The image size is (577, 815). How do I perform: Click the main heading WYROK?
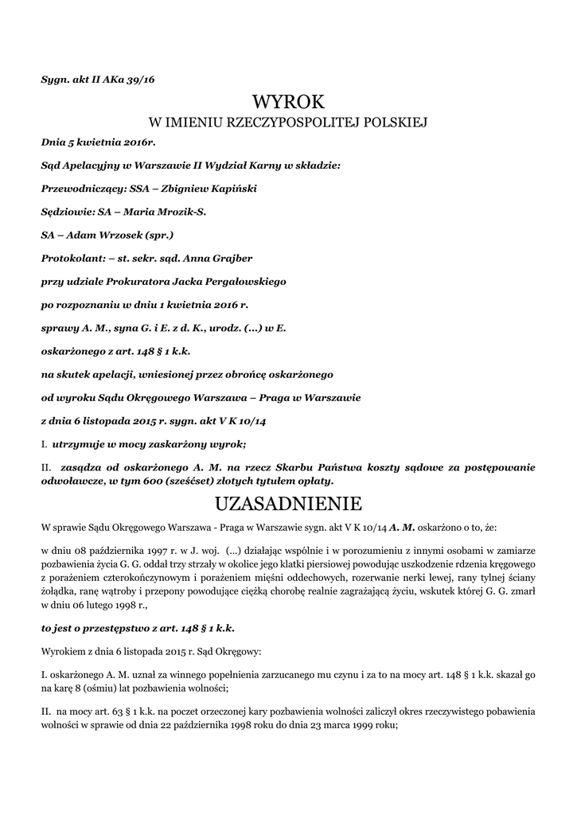(x=288, y=102)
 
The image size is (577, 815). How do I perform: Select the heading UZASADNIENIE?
(x=288, y=504)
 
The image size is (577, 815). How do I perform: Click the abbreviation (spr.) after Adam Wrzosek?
(x=156, y=235)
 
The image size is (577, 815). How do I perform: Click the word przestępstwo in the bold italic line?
(x=115, y=626)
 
